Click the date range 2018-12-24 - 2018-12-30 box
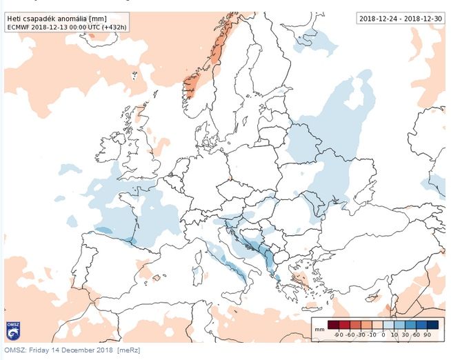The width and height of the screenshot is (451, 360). click(398, 19)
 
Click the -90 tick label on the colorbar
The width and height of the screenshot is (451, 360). click(339, 334)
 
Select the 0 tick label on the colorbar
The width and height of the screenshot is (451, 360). click(383, 334)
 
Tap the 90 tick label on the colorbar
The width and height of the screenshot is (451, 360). click(428, 334)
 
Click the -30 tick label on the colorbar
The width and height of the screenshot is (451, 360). click(361, 334)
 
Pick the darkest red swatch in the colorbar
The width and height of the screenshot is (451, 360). click(333, 325)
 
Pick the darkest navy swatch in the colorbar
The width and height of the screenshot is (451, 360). click(432, 325)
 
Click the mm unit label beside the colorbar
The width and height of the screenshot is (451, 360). click(318, 330)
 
